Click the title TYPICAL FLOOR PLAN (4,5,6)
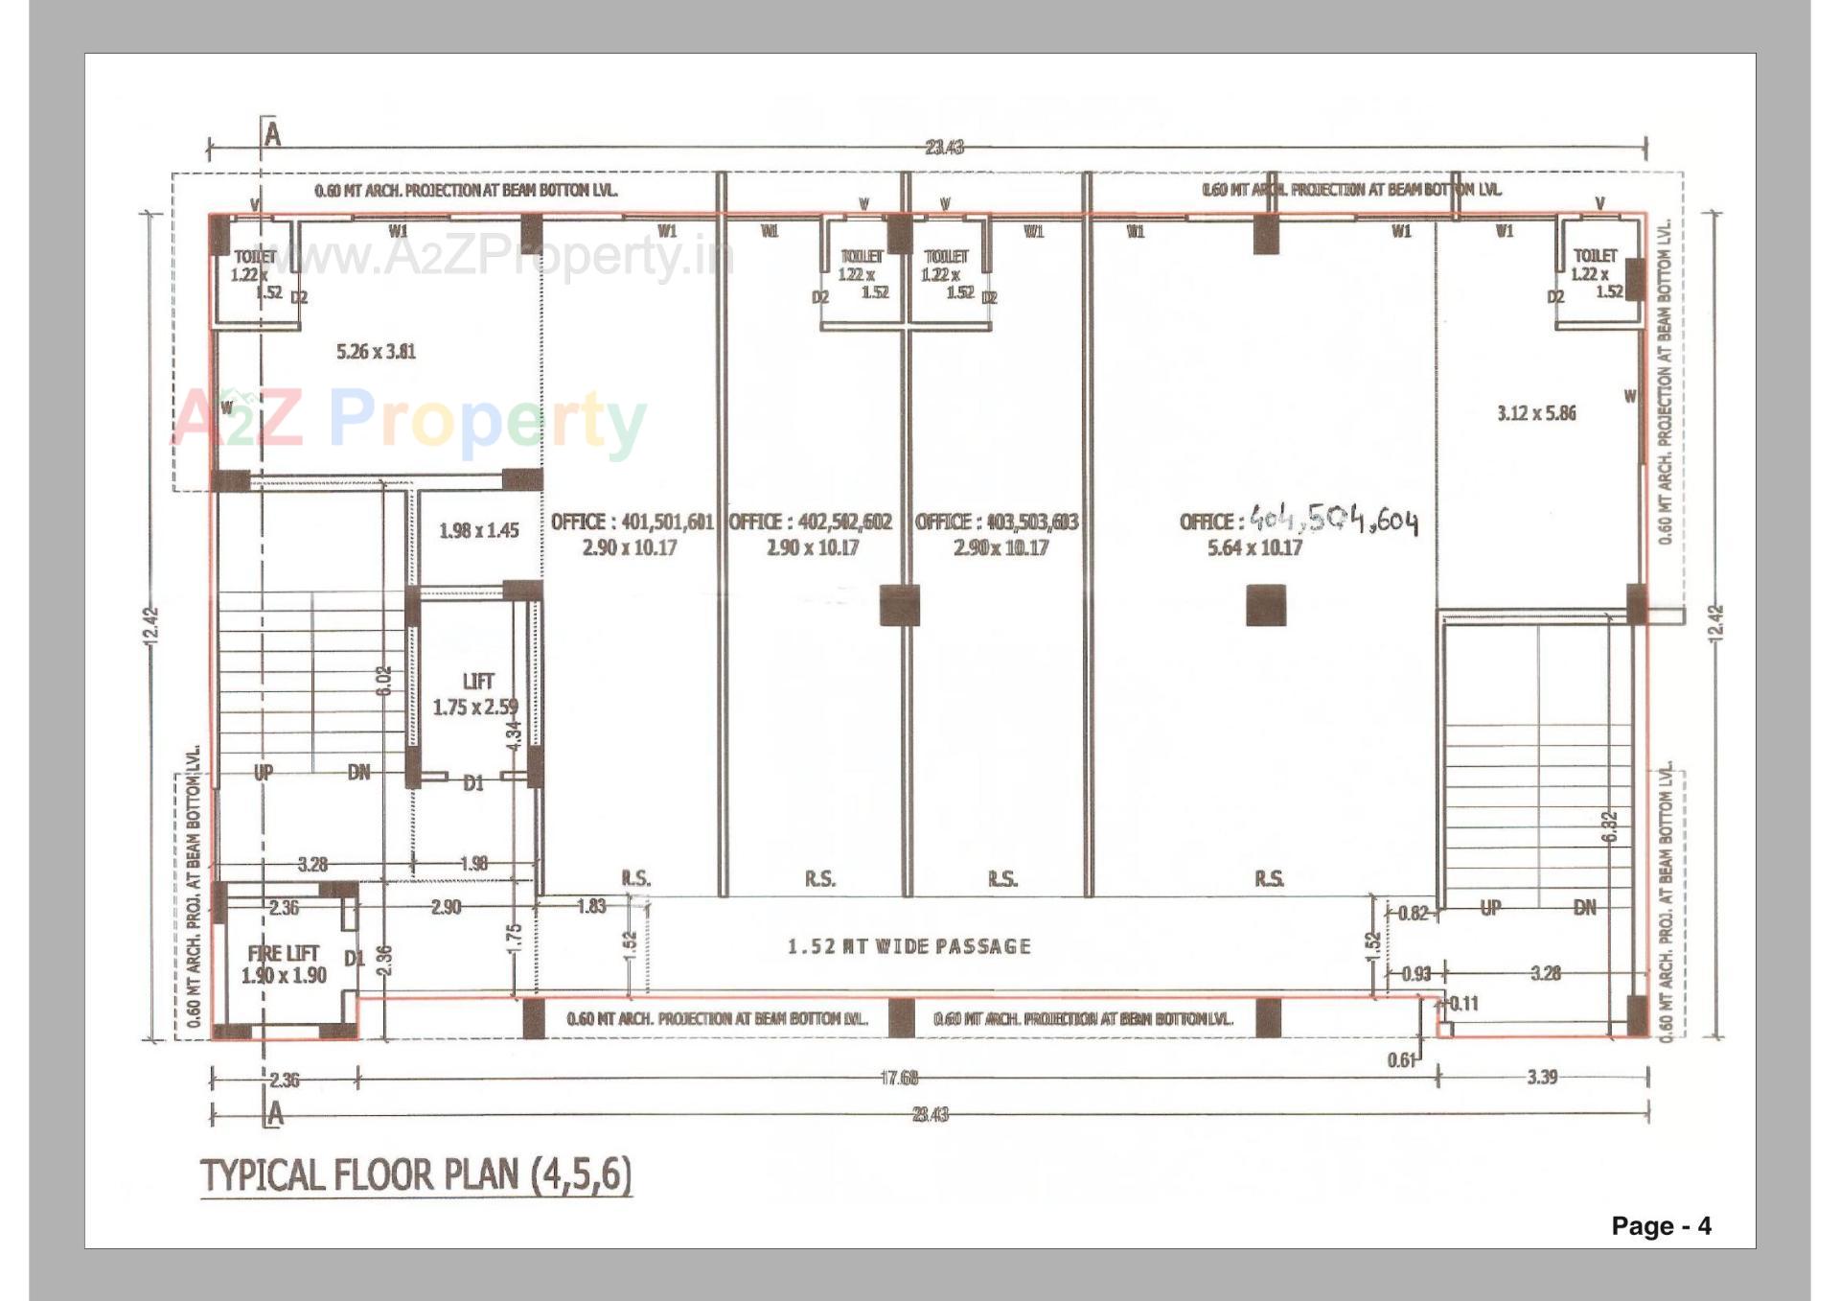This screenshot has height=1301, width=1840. (x=415, y=1174)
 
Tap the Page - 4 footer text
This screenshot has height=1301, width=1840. (x=1660, y=1226)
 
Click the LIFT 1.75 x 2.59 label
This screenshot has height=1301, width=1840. (x=476, y=694)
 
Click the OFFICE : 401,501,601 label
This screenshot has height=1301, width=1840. (x=631, y=523)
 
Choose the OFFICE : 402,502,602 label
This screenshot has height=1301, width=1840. (x=811, y=523)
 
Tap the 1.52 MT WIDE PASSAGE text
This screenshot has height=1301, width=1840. (x=908, y=947)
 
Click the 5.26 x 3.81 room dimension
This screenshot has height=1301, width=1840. (x=376, y=352)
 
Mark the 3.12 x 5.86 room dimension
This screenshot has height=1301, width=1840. (x=1535, y=413)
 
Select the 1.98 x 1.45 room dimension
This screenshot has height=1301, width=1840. (x=478, y=530)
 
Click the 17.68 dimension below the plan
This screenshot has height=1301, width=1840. (x=899, y=1079)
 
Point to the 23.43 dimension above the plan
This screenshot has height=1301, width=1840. (x=944, y=148)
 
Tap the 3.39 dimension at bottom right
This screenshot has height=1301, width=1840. (x=1541, y=1078)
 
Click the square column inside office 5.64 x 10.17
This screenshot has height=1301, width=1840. (x=1265, y=605)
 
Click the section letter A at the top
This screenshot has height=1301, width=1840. (x=273, y=135)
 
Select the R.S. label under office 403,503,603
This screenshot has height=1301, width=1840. (x=1002, y=878)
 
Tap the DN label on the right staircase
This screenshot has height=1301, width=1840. (x=1584, y=908)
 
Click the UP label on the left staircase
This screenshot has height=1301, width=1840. (x=264, y=772)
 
